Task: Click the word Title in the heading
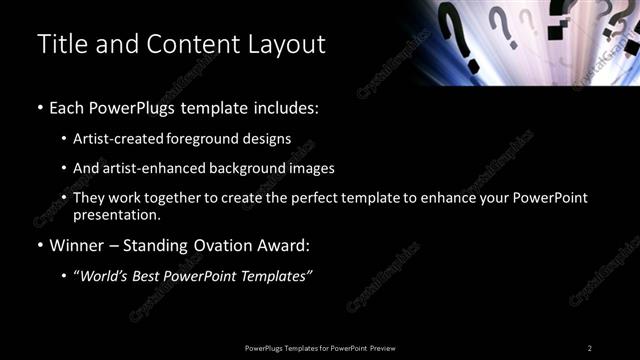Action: pyautogui.click(x=60, y=45)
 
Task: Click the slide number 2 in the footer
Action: pyautogui.click(x=590, y=347)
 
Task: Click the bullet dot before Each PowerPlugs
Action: pyautogui.click(x=39, y=107)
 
